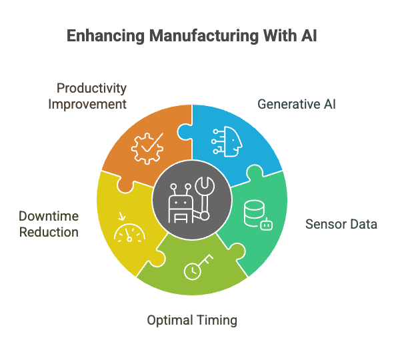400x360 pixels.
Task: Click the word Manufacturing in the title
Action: [205, 36]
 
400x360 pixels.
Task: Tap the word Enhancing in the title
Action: [105, 36]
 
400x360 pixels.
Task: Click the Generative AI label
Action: [297, 105]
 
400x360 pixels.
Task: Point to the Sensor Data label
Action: [341, 224]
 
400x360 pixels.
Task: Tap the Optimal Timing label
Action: [192, 321]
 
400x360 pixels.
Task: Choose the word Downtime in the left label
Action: [49, 217]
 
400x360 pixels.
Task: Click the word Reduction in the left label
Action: [49, 233]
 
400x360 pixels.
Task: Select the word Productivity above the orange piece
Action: [91, 89]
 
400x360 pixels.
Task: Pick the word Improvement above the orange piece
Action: [87, 105]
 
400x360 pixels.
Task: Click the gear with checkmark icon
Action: [147, 148]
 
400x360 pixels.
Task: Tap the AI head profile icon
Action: [227, 141]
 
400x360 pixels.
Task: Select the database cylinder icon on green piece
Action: [254, 213]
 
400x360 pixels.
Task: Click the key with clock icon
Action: [199, 267]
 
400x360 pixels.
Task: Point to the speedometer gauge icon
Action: [129, 233]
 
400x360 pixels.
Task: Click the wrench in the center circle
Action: [205, 197]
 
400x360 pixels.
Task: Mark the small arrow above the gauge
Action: [122, 216]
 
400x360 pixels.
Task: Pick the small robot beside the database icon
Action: [266, 224]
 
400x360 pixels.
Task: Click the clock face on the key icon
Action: [193, 271]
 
